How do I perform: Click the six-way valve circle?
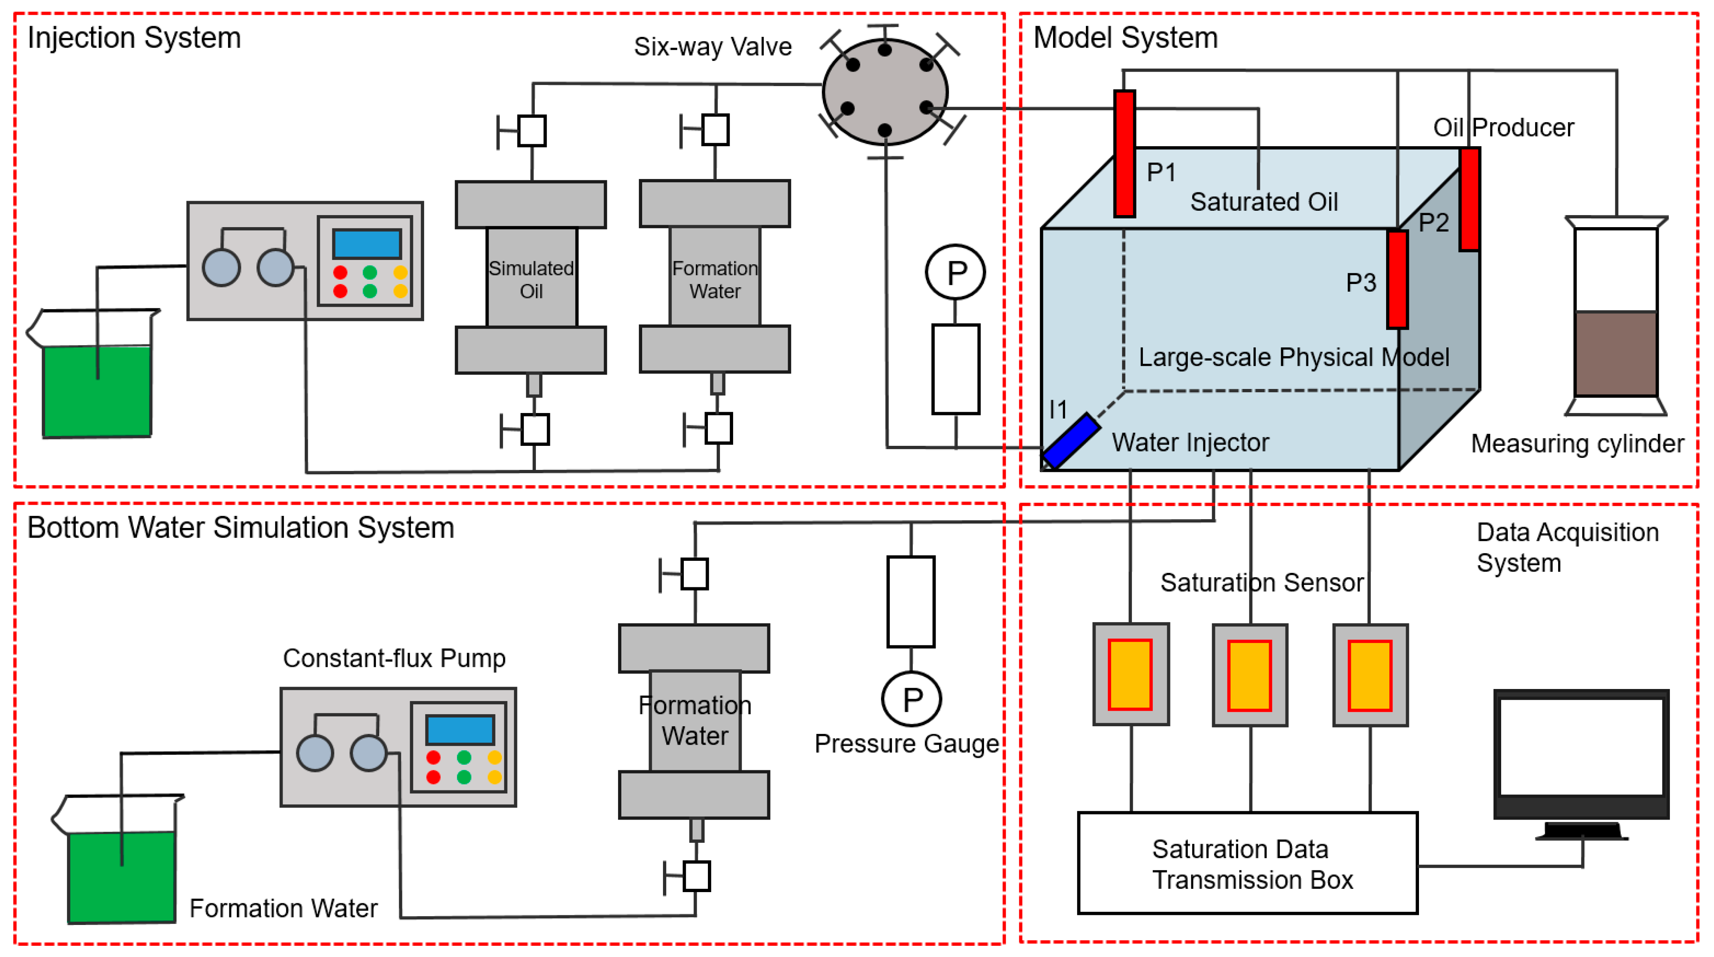tap(885, 92)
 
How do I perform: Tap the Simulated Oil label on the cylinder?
tap(531, 279)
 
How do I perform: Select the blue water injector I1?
tap(1070, 440)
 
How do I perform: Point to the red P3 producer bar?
tap(1397, 279)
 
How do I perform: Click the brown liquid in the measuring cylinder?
tap(1615, 354)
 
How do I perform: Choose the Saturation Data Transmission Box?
tap(1247, 863)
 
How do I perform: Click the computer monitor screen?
tap(1581, 746)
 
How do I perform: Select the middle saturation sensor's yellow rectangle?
tap(1249, 675)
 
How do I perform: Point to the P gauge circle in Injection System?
tap(956, 272)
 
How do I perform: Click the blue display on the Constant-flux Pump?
tap(460, 729)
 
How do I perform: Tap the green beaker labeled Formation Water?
tap(122, 876)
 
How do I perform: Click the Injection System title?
tap(134, 38)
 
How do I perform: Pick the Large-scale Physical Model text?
tap(1294, 357)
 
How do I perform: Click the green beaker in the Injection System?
tap(97, 391)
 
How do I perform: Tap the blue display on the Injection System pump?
tap(367, 244)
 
